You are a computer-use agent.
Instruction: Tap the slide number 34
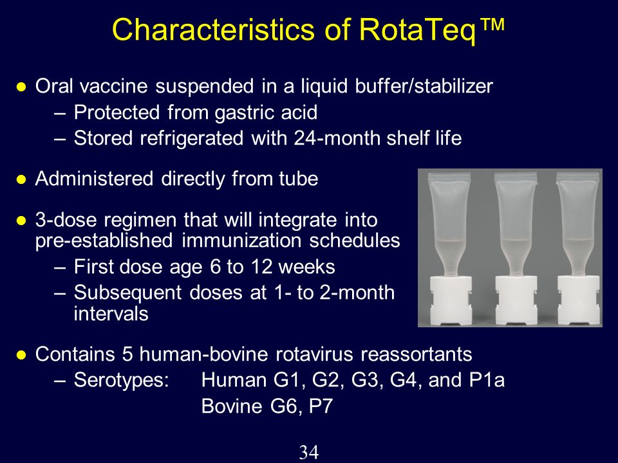click(308, 452)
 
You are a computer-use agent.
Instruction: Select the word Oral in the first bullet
click(54, 86)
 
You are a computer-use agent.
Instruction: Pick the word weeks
click(306, 266)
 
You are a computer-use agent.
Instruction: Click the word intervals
click(111, 314)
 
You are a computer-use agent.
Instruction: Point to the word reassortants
click(417, 354)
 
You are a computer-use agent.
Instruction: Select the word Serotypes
click(118, 381)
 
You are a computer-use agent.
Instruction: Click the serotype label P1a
click(487, 380)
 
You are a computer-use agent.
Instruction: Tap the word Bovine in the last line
click(232, 406)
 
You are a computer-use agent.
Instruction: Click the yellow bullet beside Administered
click(21, 180)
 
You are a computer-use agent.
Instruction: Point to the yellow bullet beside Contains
click(21, 355)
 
